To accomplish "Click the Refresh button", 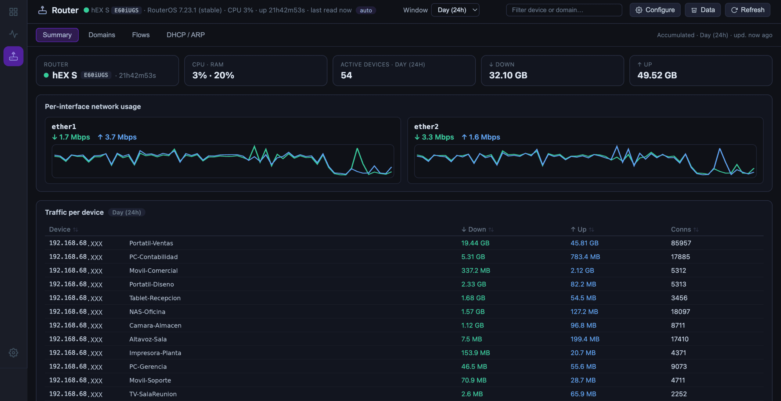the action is pyautogui.click(x=747, y=10).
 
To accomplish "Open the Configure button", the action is pyautogui.click(x=655, y=10).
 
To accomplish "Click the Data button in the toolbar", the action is pyautogui.click(x=703, y=10).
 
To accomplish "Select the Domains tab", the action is pyautogui.click(x=102, y=35).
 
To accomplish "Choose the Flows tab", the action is pyautogui.click(x=141, y=35).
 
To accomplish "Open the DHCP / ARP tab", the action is pyautogui.click(x=185, y=35).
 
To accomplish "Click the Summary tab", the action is pyautogui.click(x=57, y=35).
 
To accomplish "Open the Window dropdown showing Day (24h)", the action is pyautogui.click(x=455, y=10).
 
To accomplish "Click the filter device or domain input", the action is pyautogui.click(x=564, y=10).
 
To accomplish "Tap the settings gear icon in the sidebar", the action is pyautogui.click(x=13, y=353).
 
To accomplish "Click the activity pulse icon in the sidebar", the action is pyautogui.click(x=13, y=34).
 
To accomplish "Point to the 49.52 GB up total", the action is pyautogui.click(x=657, y=75).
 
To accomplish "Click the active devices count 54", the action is pyautogui.click(x=346, y=75).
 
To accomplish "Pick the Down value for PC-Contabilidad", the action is pyautogui.click(x=473, y=257).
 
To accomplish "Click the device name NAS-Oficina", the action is pyautogui.click(x=147, y=312).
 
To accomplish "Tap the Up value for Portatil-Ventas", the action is pyautogui.click(x=585, y=243).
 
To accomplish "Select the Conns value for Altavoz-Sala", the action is pyautogui.click(x=680, y=339).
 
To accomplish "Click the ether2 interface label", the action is pyautogui.click(x=426, y=127).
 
